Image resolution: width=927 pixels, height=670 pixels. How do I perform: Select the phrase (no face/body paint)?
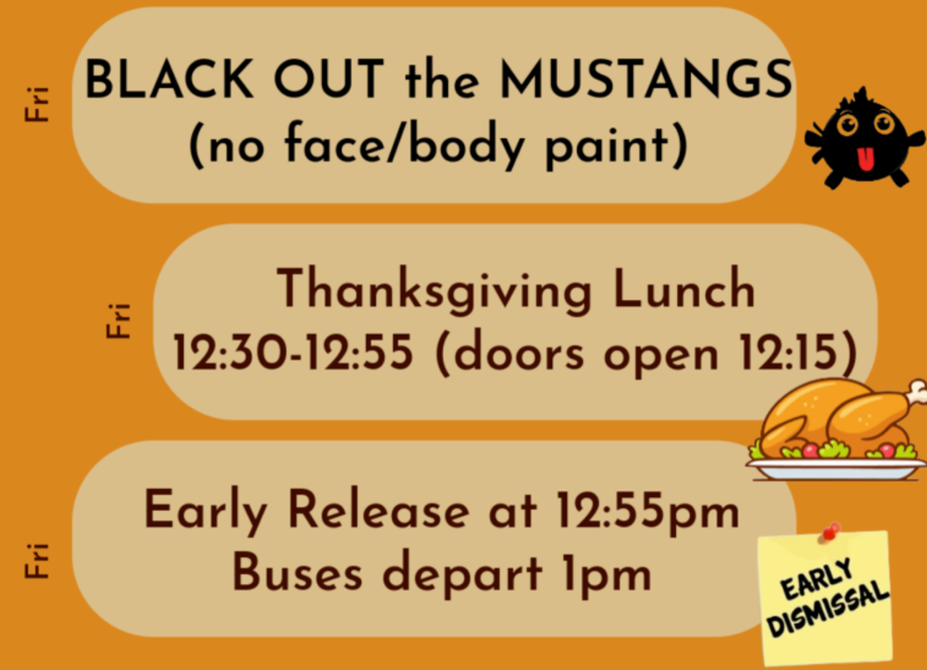click(437, 145)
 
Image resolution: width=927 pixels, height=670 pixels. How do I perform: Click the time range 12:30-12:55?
click(293, 354)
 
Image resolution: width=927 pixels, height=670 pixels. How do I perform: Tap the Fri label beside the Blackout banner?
click(37, 105)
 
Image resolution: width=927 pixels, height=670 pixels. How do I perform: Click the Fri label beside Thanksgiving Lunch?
click(119, 321)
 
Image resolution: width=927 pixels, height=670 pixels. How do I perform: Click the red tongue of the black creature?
click(865, 159)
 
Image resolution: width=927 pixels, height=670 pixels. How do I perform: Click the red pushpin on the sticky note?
click(829, 531)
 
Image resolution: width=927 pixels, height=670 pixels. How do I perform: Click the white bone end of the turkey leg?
click(917, 391)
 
